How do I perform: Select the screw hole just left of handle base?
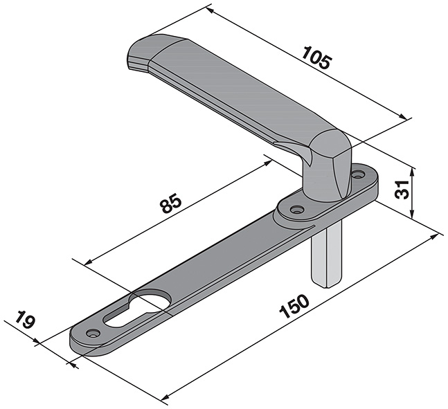[296, 209]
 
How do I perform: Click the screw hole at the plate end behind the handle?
[359, 175]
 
